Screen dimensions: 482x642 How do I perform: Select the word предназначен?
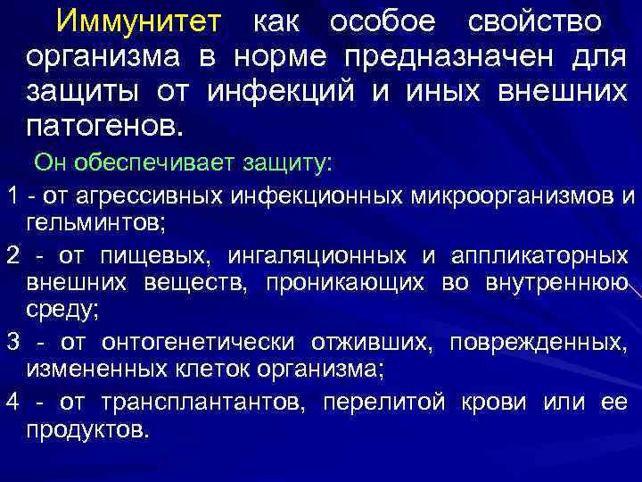click(436, 57)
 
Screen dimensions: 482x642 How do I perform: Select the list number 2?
click(12, 256)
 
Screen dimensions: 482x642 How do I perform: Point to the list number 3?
click(12, 342)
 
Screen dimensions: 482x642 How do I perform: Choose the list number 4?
click(12, 403)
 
